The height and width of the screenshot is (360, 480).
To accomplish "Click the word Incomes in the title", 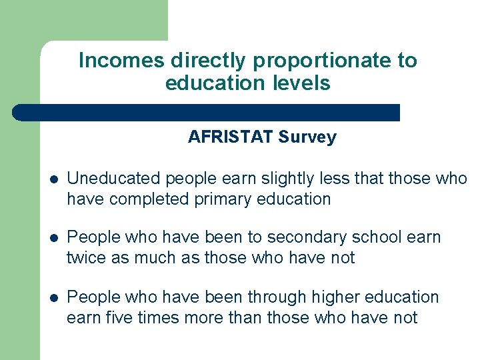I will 122,61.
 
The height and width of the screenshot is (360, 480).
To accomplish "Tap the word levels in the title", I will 304,83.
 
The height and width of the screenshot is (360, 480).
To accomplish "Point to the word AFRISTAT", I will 231,137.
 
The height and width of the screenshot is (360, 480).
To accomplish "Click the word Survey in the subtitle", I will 307,137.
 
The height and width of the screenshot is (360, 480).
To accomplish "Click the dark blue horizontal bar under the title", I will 207,112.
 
